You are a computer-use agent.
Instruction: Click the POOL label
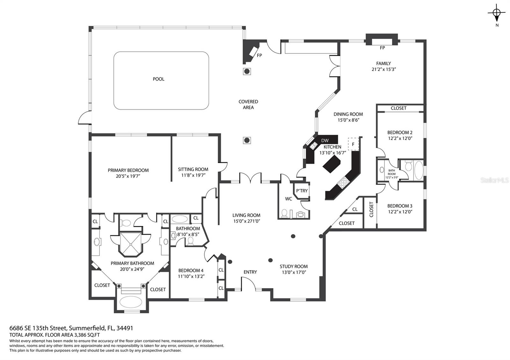point(158,79)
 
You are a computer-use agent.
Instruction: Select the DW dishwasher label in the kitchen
point(325,140)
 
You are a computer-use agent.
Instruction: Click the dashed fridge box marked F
point(353,144)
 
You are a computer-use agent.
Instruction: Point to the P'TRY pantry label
point(302,191)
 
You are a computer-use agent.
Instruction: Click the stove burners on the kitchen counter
point(343,182)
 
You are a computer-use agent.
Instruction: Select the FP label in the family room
point(382,48)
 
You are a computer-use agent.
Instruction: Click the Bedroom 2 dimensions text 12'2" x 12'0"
point(400,138)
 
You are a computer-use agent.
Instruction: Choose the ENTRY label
point(250,272)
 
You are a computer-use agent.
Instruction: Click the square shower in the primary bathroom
point(131,244)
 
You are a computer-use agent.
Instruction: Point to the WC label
point(288,199)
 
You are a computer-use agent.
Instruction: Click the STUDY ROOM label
point(294,266)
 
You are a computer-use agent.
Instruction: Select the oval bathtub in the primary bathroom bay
point(131,302)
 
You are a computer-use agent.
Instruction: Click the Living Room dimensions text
point(246,221)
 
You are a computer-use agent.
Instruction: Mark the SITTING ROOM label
point(193,169)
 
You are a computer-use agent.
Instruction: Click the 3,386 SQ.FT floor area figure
point(87,335)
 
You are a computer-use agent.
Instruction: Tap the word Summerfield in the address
point(87,328)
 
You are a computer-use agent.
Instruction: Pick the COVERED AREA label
point(248,104)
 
